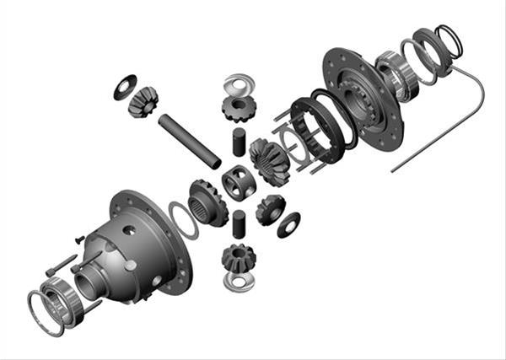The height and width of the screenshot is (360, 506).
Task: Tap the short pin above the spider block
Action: pos(238,141)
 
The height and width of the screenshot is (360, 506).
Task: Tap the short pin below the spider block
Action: pos(238,223)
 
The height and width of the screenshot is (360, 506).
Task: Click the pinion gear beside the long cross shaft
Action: pos(143,102)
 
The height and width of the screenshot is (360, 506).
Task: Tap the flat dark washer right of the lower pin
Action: pos(288,223)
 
